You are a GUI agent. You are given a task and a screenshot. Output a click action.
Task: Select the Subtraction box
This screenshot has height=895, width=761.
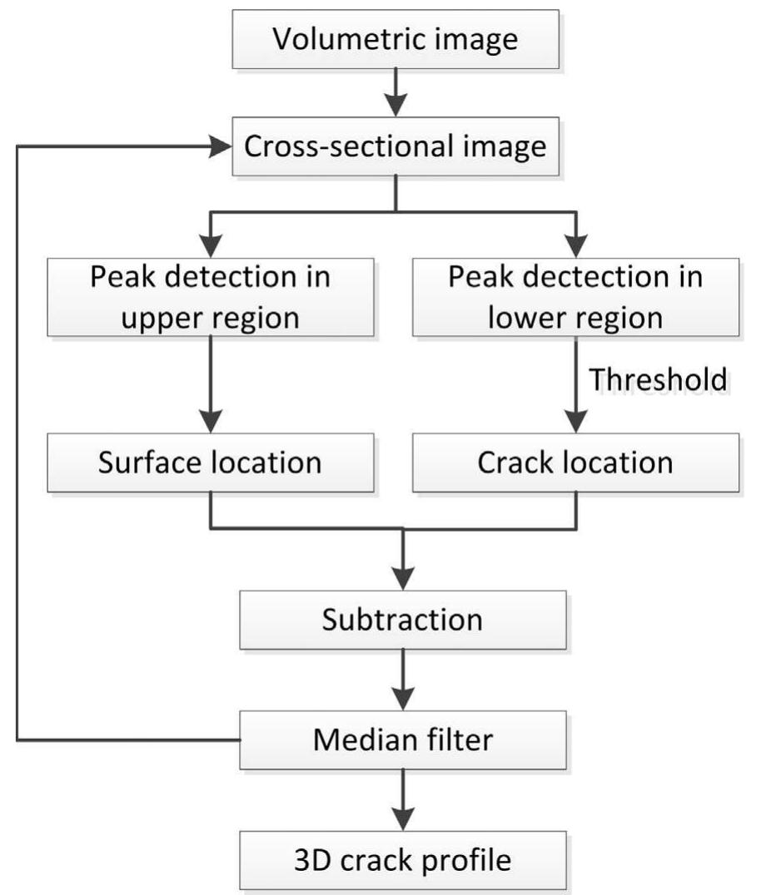coord(402,621)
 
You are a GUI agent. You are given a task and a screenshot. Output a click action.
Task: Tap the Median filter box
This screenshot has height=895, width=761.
coord(402,739)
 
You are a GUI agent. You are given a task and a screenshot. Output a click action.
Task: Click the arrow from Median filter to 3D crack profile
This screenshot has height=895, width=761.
coord(402,799)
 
